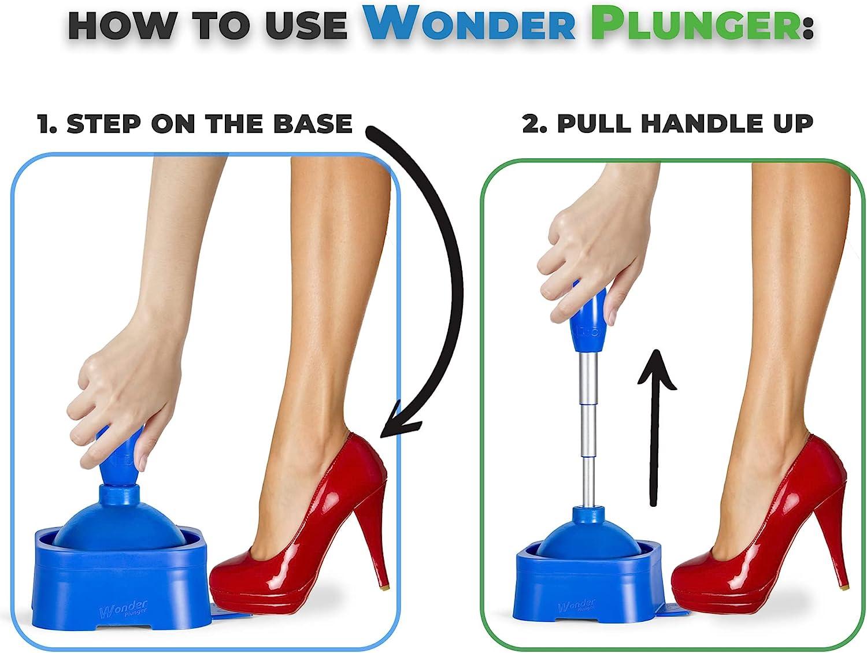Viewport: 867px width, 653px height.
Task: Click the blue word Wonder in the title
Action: tap(471, 24)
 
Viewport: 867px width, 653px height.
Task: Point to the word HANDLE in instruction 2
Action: tap(688, 124)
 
